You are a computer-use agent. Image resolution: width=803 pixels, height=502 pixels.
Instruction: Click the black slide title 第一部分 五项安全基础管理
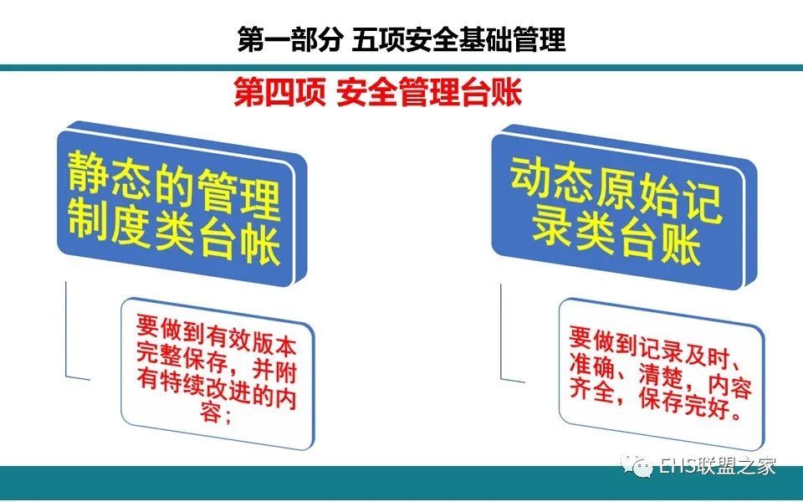click(x=401, y=39)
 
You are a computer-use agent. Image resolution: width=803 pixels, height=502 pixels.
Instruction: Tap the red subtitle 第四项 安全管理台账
click(x=377, y=92)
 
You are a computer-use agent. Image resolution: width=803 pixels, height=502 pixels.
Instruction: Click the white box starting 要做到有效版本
click(x=217, y=373)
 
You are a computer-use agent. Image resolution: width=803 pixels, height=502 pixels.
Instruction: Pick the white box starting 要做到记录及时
click(x=661, y=375)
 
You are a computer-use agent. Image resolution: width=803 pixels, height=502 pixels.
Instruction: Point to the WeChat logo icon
click(x=636, y=465)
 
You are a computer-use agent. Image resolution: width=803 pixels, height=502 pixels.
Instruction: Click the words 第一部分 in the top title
click(x=289, y=39)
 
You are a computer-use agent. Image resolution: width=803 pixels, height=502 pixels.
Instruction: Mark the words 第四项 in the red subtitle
click(x=279, y=92)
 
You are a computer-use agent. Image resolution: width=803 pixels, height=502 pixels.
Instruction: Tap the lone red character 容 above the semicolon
click(x=211, y=412)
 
